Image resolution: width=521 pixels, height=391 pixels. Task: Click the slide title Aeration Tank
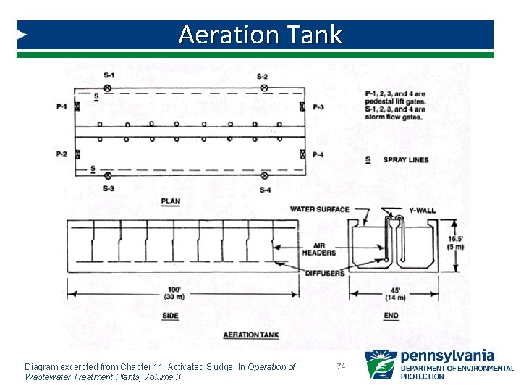(x=260, y=35)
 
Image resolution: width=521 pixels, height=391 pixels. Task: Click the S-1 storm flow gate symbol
(x=108, y=88)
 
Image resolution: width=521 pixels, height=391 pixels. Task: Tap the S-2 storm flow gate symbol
(x=264, y=88)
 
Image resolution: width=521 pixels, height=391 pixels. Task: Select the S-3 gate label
(x=108, y=189)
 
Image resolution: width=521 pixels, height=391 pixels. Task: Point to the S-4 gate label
(x=265, y=190)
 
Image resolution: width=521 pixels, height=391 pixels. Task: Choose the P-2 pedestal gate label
(x=62, y=154)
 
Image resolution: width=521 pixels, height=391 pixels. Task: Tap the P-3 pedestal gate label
(x=318, y=107)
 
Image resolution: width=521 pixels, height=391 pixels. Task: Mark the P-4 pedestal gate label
(x=318, y=154)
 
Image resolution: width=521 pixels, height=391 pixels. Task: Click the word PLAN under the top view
(x=171, y=201)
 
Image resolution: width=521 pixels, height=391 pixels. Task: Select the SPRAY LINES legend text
(x=406, y=160)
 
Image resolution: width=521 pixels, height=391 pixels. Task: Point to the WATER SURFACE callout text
(x=319, y=210)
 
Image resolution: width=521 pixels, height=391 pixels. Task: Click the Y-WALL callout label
(x=422, y=211)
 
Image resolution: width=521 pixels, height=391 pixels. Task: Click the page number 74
(x=342, y=367)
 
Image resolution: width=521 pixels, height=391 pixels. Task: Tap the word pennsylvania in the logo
(x=447, y=356)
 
